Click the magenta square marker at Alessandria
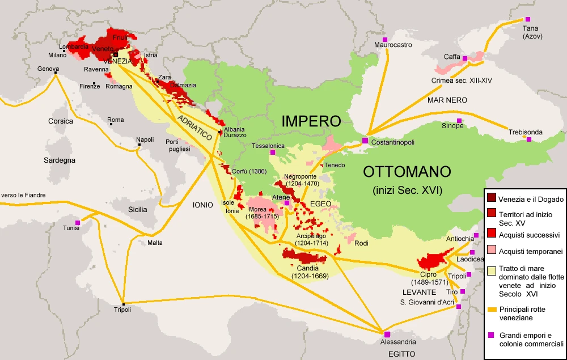pyautogui.click(x=387, y=334)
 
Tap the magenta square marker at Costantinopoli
pyautogui.click(x=366, y=140)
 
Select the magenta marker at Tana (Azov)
pyautogui.click(x=528, y=19)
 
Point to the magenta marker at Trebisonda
pyautogui.click(x=529, y=139)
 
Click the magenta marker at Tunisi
pyautogui.click(x=78, y=223)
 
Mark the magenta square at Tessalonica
pyautogui.click(x=273, y=152)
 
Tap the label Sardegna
pyautogui.click(x=60, y=160)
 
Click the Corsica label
pyautogui.click(x=61, y=121)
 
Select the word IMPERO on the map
pyautogui.click(x=311, y=121)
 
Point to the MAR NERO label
pyautogui.click(x=447, y=100)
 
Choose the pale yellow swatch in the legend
pyautogui.click(x=491, y=270)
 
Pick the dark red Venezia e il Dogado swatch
pyautogui.click(x=491, y=198)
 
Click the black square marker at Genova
pyautogui.click(x=56, y=73)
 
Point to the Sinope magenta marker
pyautogui.click(x=459, y=120)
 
